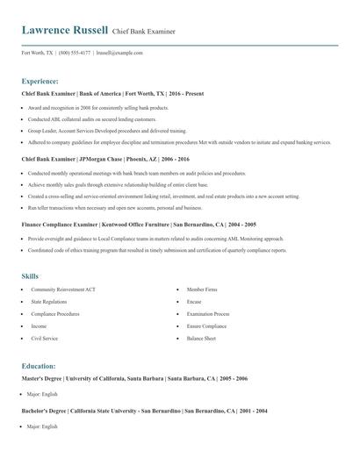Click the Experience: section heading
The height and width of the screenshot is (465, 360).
coord(40,80)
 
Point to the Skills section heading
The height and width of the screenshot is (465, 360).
coord(31,275)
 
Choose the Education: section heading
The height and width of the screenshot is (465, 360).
coord(39,365)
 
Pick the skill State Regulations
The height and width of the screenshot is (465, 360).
coord(50,301)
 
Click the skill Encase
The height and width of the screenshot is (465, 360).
coord(194,301)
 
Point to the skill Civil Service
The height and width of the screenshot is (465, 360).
coord(46,337)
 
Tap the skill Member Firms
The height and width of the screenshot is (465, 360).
coord(203,289)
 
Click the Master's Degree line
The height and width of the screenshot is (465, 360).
coord(134,378)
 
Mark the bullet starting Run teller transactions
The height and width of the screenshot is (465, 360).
coord(114,208)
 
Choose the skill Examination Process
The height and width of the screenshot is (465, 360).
coord(208,313)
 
